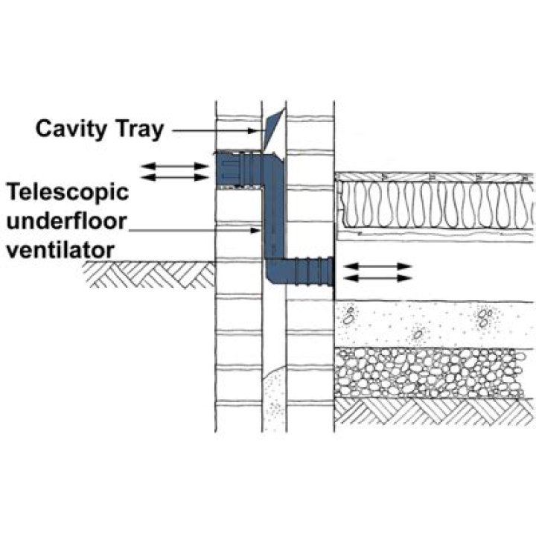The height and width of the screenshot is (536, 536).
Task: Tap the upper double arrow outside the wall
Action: (x=175, y=163)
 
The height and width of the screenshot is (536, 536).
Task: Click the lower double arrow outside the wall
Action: (x=175, y=177)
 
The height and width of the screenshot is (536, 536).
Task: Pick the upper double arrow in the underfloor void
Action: (x=379, y=265)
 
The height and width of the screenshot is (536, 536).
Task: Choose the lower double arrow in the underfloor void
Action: (x=379, y=278)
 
